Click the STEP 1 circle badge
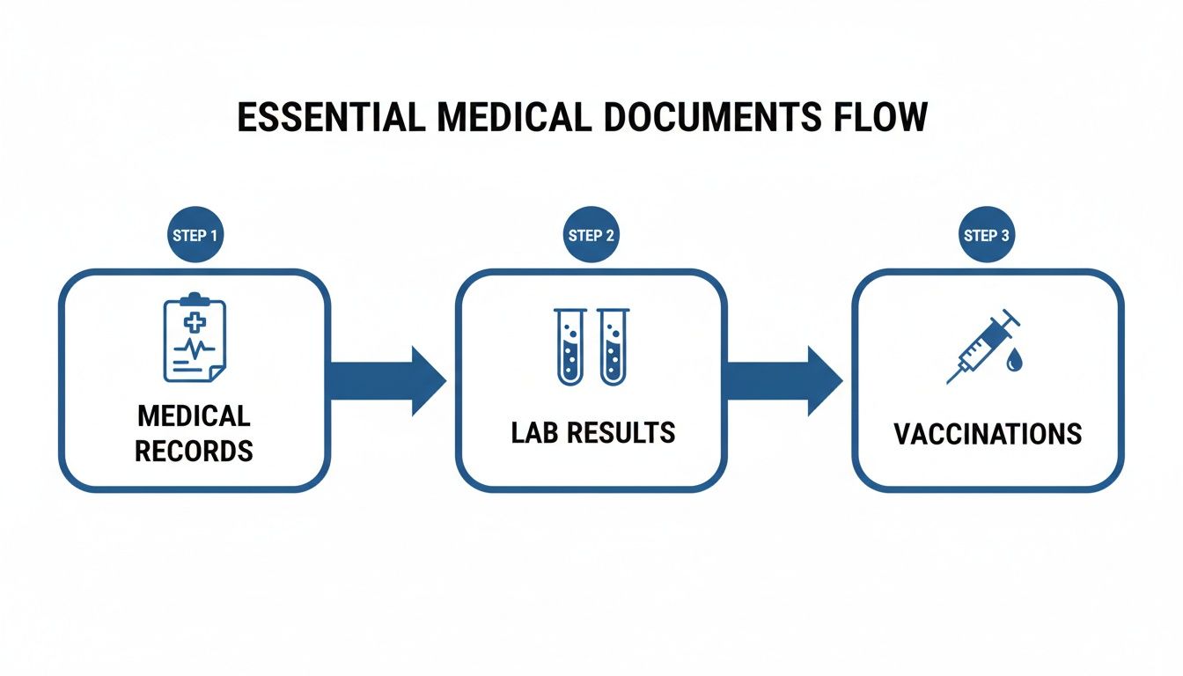(x=195, y=235)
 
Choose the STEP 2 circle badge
(x=591, y=235)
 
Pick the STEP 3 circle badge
(x=986, y=235)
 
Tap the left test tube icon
(x=570, y=346)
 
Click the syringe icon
(x=981, y=346)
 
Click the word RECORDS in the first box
(x=194, y=451)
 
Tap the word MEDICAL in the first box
(x=194, y=415)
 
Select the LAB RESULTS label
(x=592, y=432)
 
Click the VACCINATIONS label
(x=988, y=434)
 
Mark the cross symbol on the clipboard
(x=194, y=323)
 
